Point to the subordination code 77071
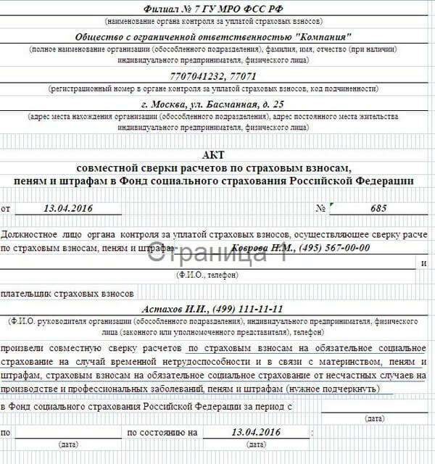pos(241,75)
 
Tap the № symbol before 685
pos(319,209)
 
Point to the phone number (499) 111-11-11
pos(246,308)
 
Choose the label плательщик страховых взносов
pos(68,293)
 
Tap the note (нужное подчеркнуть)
pos(333,389)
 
